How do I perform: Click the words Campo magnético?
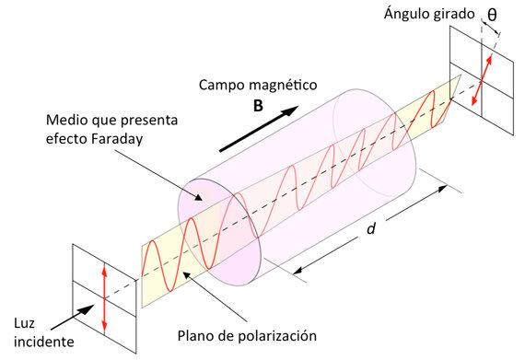click(x=259, y=84)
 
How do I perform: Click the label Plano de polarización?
click(x=258, y=333)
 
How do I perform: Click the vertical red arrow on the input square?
click(x=105, y=297)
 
